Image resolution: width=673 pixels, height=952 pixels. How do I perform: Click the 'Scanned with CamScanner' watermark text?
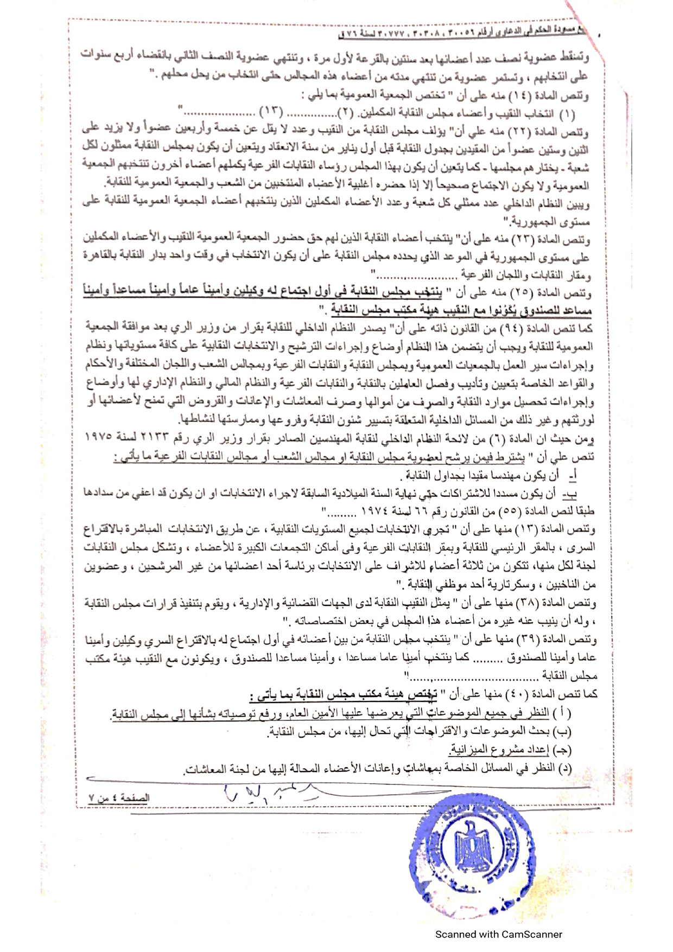(x=499, y=934)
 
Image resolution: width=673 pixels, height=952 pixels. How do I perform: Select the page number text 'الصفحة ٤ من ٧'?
(x=119, y=798)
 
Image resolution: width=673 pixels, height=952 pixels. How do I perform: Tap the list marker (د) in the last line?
(x=565, y=769)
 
